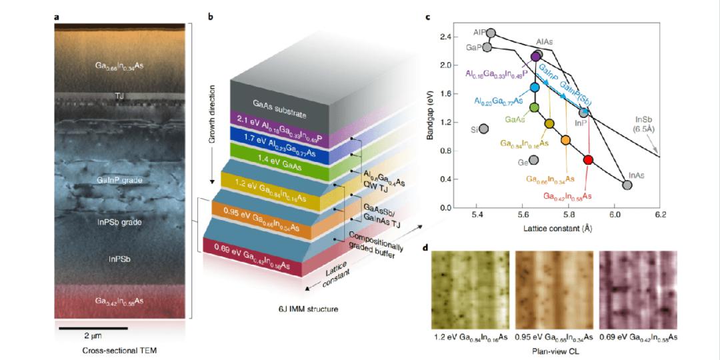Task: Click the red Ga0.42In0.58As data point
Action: coord(588,159)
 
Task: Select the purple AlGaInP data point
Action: coord(535,57)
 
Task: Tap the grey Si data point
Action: coord(483,129)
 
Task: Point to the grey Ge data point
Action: coord(533,161)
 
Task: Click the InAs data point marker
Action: coord(627,185)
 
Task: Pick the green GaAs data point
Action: coord(534,107)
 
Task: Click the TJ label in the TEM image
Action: coord(121,95)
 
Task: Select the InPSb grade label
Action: coord(121,222)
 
